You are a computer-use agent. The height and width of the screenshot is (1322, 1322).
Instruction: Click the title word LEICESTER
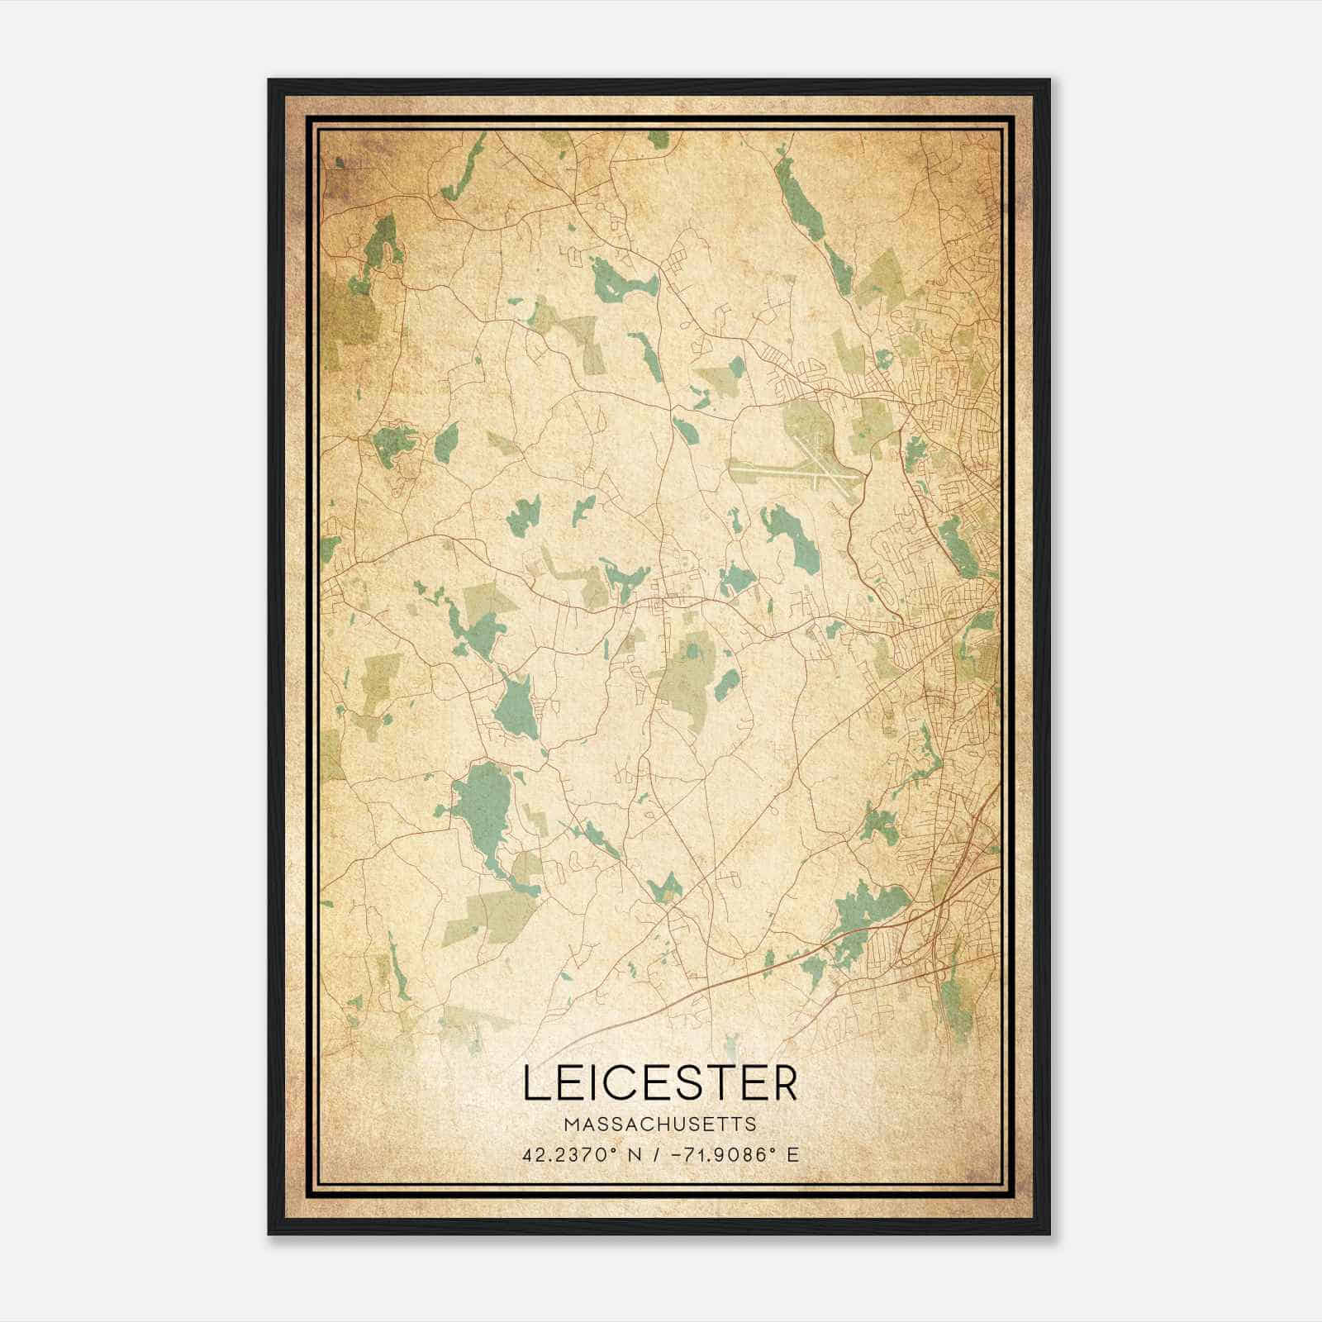click(660, 1083)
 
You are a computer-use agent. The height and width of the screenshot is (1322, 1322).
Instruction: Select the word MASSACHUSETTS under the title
click(660, 1124)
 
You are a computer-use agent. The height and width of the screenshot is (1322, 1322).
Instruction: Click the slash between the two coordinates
click(658, 1154)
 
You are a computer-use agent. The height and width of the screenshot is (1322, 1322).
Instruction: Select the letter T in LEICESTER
click(720, 1083)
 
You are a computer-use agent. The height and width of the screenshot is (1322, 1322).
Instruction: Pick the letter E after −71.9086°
click(793, 1154)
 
